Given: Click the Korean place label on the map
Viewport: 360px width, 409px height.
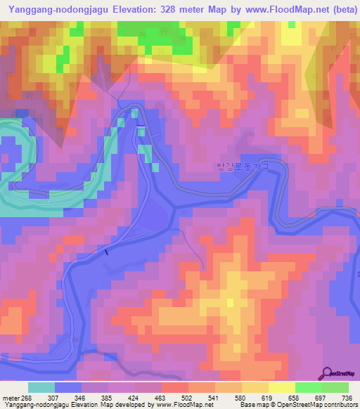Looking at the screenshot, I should tap(242, 166).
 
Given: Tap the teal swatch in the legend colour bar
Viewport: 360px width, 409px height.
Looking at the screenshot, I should tap(41, 387).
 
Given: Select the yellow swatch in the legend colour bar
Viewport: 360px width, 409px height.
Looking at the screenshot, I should tap(282, 387).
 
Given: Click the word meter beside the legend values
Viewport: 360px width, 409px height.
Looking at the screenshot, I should tap(10, 397).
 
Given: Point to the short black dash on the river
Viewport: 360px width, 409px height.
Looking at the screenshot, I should tap(106, 252).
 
